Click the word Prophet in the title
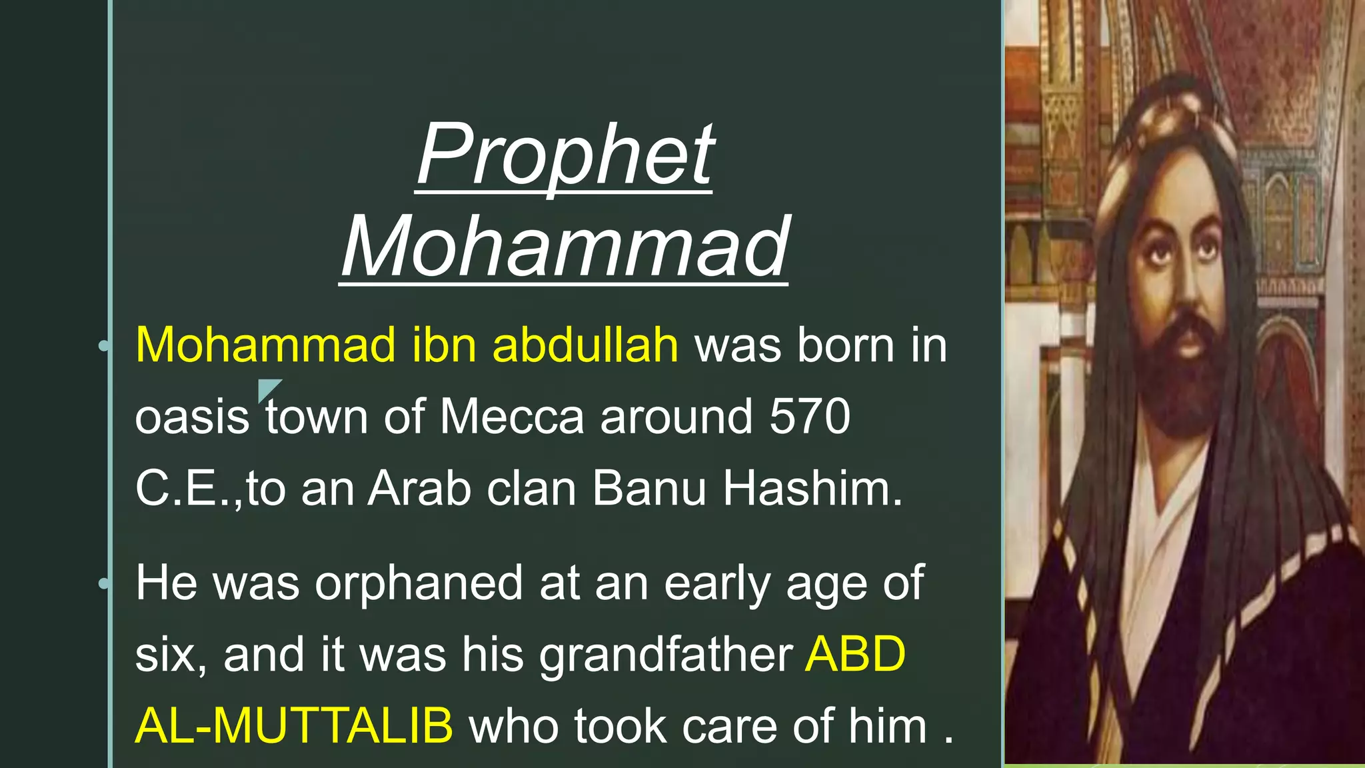[x=565, y=156]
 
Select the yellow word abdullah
[x=585, y=345]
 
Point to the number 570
[x=810, y=417]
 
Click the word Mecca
[x=512, y=417]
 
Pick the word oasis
[x=192, y=418]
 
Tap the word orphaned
[x=419, y=583]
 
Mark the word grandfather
[x=666, y=655]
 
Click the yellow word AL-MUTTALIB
[x=294, y=725]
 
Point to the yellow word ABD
[x=856, y=654]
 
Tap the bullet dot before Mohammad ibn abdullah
[x=104, y=345]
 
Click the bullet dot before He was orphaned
[x=104, y=583]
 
